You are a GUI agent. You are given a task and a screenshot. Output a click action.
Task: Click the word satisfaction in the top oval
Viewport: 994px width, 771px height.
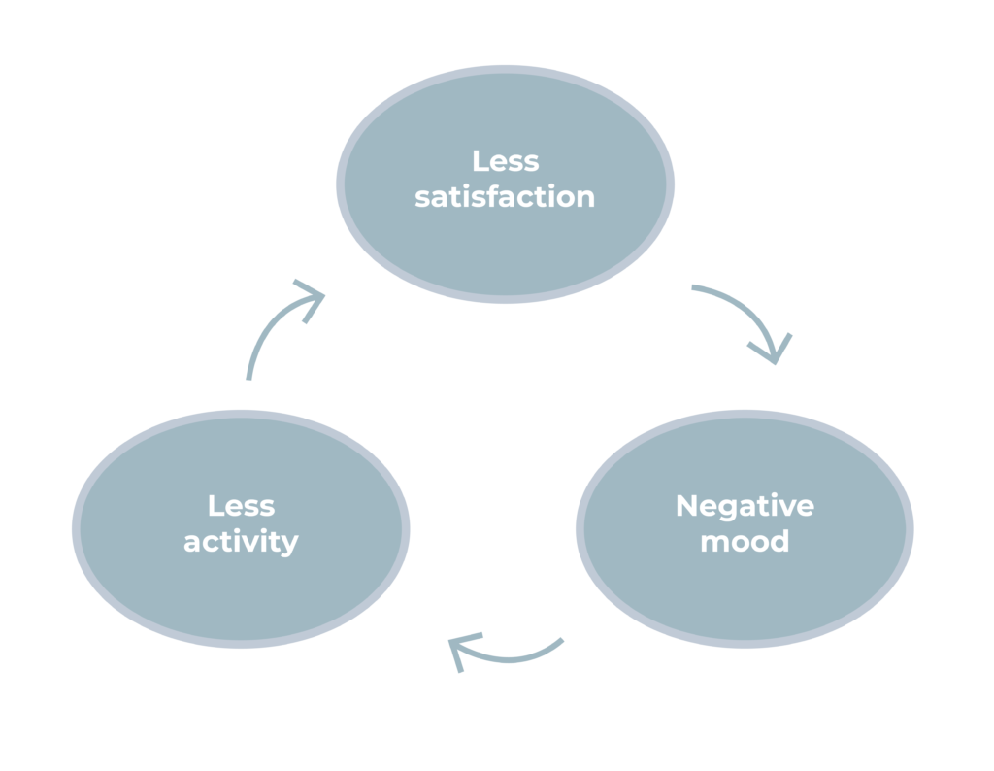[505, 196]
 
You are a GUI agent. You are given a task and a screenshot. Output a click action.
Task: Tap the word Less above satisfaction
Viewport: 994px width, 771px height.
[505, 160]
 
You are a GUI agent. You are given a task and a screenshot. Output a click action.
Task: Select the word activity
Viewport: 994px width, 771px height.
[241, 542]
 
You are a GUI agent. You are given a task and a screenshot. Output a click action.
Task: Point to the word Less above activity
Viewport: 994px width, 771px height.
[241, 506]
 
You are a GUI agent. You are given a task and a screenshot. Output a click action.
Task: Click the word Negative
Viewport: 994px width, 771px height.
[745, 506]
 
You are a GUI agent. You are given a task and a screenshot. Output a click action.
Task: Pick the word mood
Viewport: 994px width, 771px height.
[745, 541]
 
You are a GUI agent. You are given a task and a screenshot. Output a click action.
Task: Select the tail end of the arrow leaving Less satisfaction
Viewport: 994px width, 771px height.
[693, 287]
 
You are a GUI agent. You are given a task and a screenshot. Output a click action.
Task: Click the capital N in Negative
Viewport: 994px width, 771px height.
[685, 506]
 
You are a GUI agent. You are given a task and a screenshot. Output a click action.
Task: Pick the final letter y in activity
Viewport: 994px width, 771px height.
[289, 544]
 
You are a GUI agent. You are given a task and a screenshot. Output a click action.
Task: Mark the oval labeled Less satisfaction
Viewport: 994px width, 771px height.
[505, 243]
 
